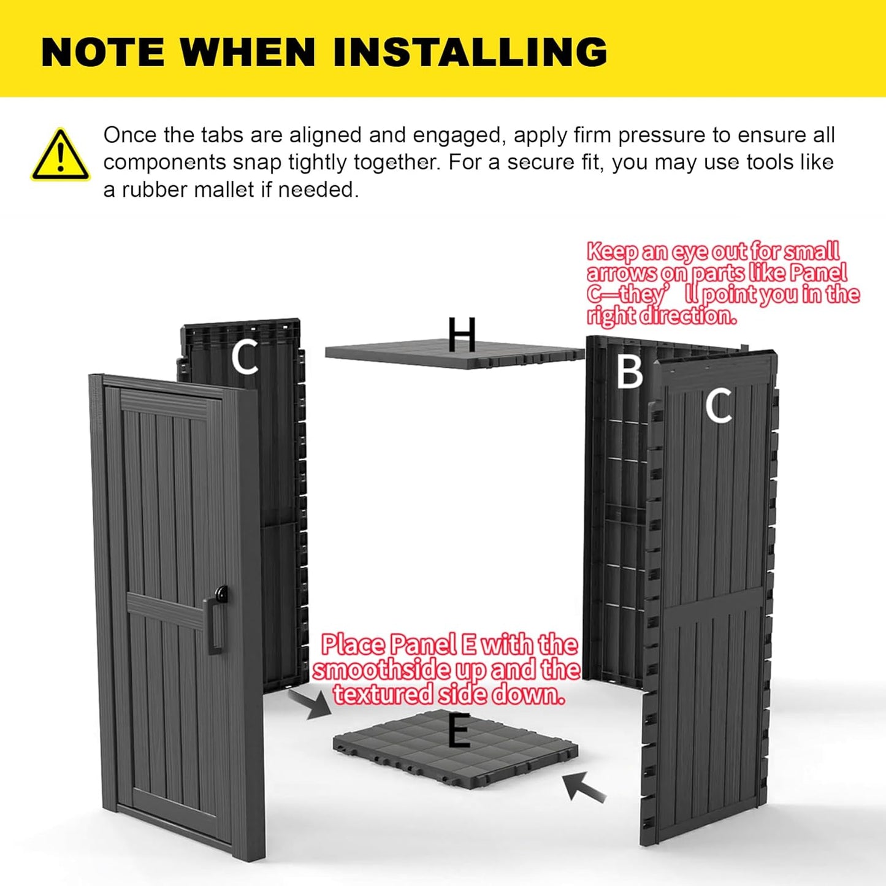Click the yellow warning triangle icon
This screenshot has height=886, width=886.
(x=60, y=155)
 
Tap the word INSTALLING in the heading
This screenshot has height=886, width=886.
(x=470, y=52)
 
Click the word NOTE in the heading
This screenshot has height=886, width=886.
(x=103, y=52)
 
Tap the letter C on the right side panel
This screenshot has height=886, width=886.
(x=718, y=405)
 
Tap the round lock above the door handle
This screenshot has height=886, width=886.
(x=221, y=593)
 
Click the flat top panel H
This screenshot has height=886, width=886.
(x=454, y=355)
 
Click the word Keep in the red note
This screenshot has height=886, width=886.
(x=612, y=252)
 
